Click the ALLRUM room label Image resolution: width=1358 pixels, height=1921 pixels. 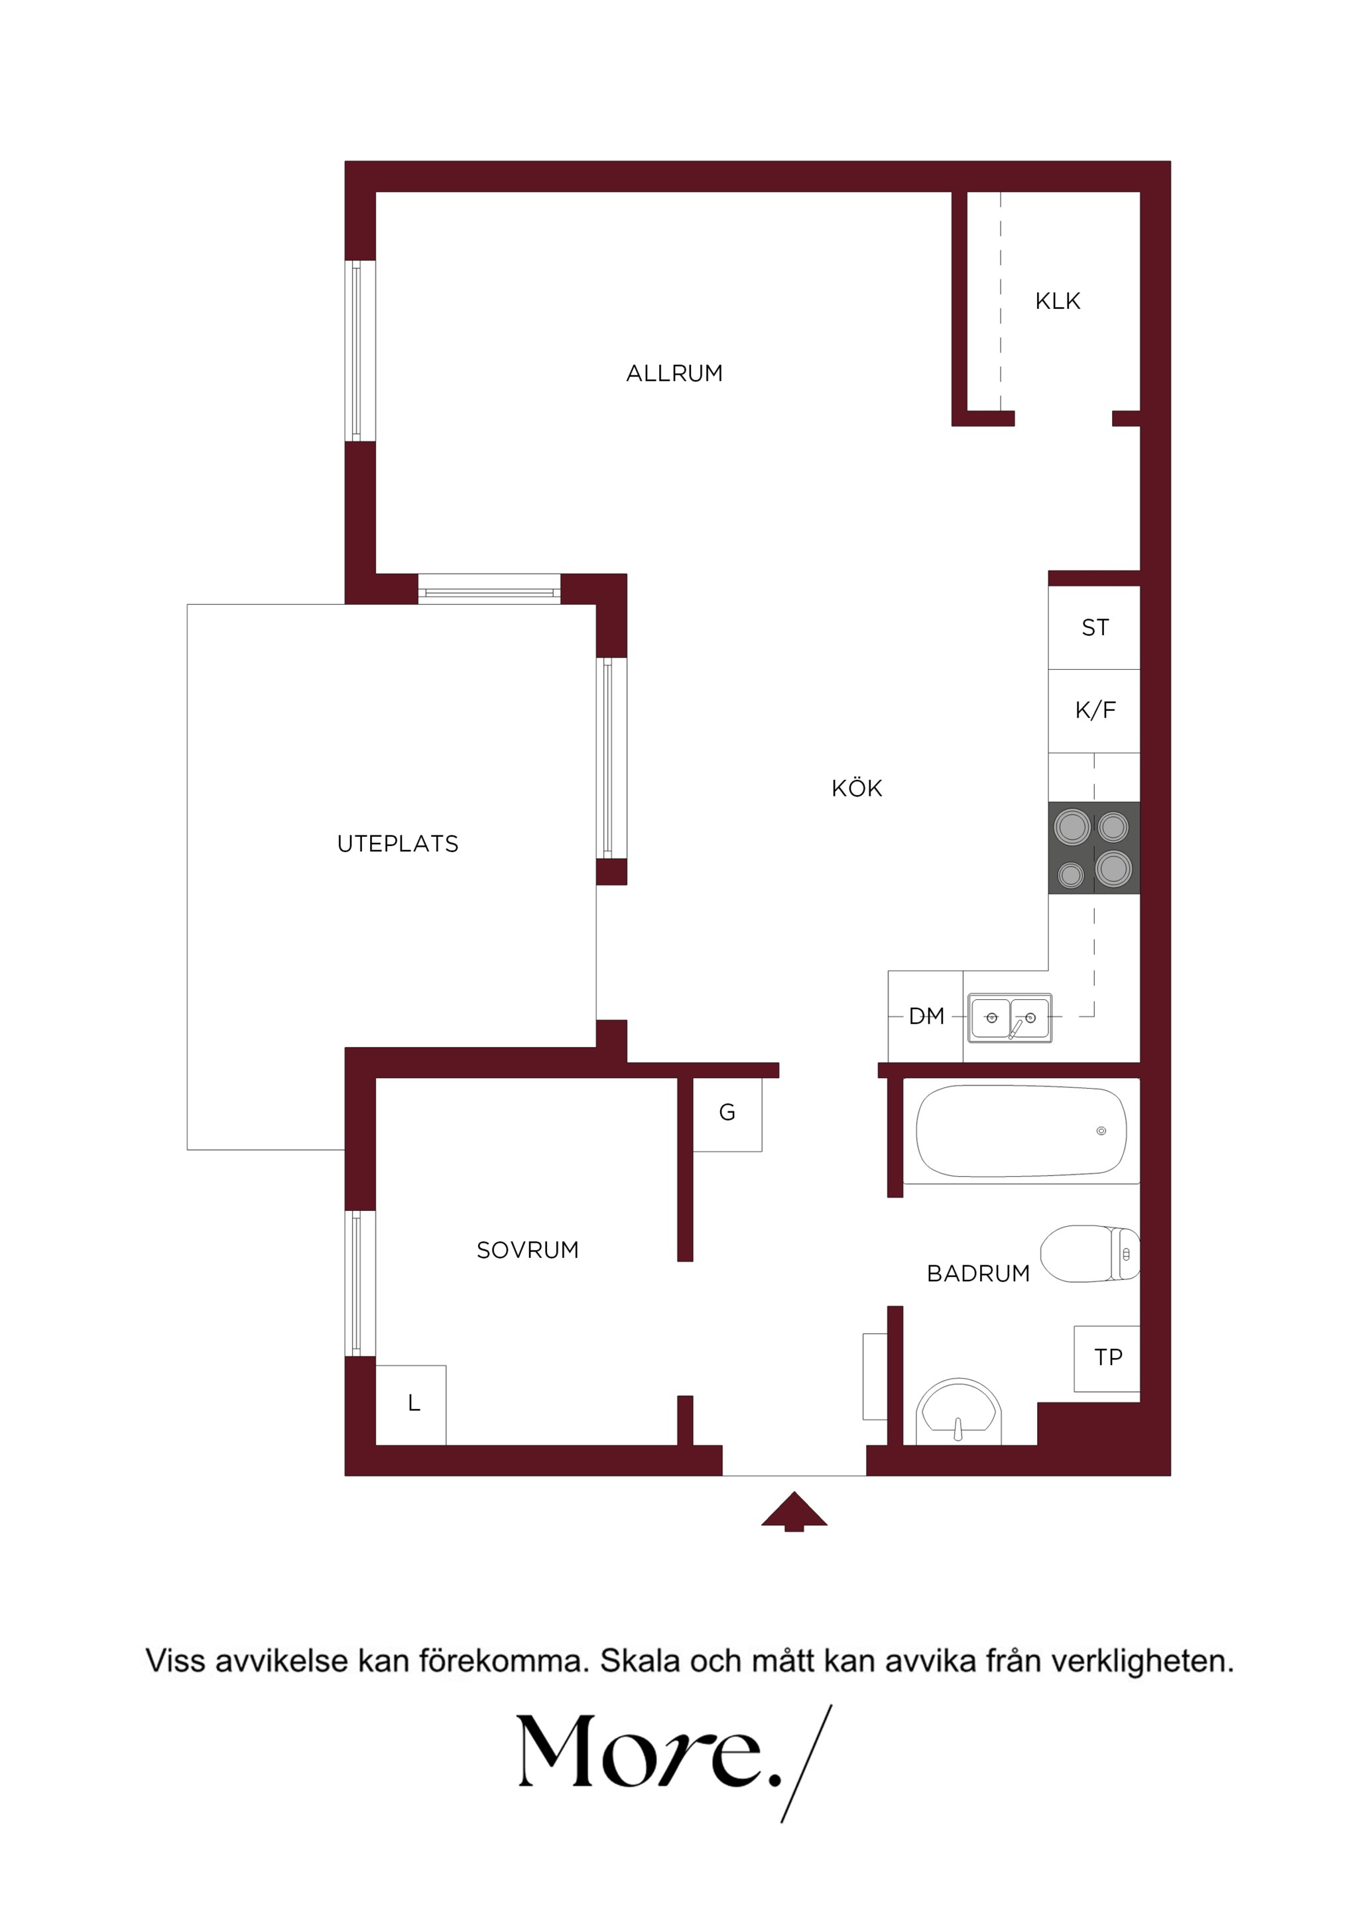[x=674, y=373]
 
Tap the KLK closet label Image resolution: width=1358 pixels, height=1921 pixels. [x=1058, y=301]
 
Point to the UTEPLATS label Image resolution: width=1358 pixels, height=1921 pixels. [x=397, y=843]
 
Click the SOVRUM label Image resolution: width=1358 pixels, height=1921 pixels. [x=527, y=1250]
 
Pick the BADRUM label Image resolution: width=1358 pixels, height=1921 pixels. [x=978, y=1273]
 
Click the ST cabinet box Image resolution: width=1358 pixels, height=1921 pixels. [x=1095, y=627]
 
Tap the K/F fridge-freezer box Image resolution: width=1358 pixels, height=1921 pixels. [x=1095, y=710]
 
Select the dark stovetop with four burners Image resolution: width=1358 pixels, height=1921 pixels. [x=1093, y=847]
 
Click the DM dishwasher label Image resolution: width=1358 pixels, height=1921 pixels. [x=926, y=1016]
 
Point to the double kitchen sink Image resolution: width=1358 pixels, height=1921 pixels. [x=1009, y=1017]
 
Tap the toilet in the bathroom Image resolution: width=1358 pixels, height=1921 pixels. [x=1089, y=1253]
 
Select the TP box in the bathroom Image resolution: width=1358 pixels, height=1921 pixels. [x=1107, y=1358]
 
